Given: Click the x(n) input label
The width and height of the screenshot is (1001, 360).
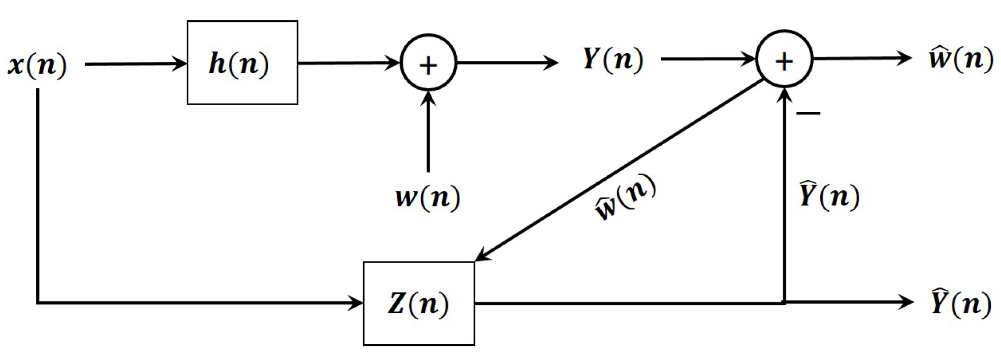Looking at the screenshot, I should pos(37,65).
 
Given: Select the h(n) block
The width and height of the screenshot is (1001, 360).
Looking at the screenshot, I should pos(242,63).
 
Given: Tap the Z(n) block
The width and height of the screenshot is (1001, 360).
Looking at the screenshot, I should pos(418,304).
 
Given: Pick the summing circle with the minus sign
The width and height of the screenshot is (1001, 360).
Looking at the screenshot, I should pos(784,60).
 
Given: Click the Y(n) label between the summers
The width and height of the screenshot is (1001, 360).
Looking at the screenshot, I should pos(612,59).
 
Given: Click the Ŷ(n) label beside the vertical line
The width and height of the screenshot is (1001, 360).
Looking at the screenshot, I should pos(829,195).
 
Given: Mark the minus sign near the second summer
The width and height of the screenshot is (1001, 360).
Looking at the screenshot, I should pos(808,113).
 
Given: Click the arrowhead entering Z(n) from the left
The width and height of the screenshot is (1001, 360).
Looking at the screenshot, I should pos(356,304).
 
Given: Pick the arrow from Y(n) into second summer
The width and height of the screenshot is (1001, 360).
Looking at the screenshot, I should pos(708,59).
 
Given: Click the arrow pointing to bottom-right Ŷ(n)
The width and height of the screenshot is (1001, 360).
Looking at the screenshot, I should pos(848,303).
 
